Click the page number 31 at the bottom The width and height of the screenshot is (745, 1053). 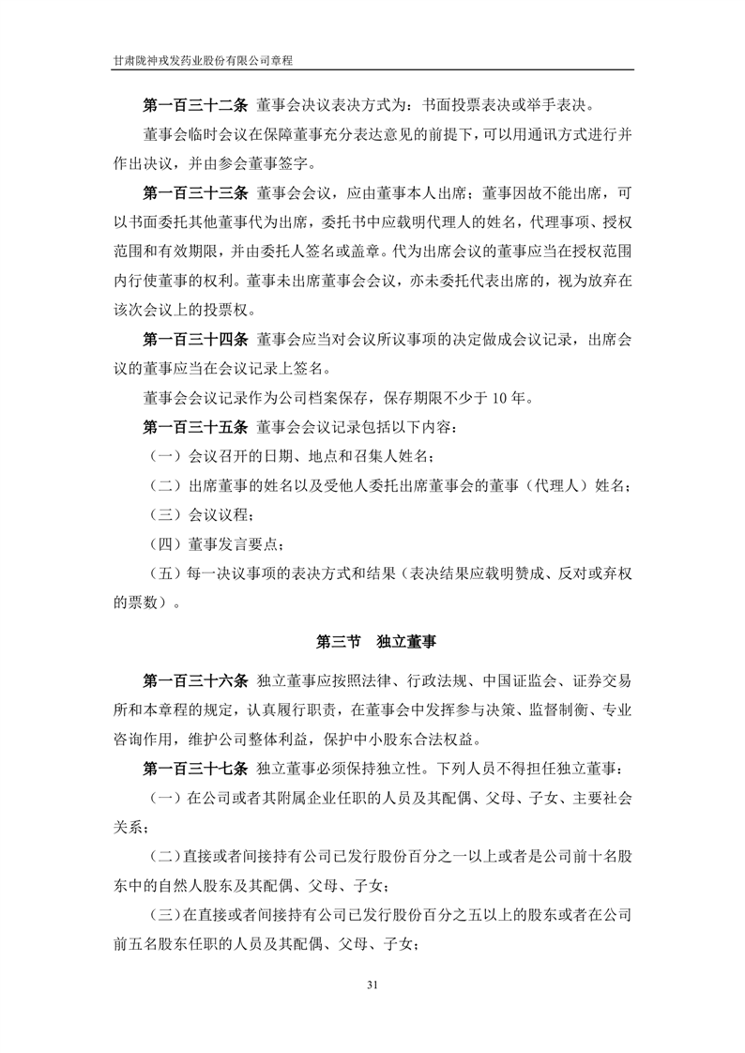coord(372,984)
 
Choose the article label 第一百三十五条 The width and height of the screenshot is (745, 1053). coord(195,428)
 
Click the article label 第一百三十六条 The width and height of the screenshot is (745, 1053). coord(195,679)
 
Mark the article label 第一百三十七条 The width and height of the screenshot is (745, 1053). coord(195,770)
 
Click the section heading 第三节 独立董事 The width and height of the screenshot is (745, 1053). coord(372,643)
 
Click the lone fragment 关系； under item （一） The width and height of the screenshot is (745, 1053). coord(133,829)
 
